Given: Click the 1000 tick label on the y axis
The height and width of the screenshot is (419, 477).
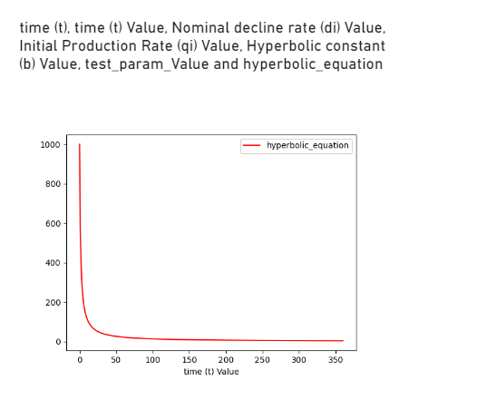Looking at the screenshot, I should (x=51, y=145).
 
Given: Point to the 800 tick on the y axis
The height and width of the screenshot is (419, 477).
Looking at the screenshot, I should (x=54, y=184).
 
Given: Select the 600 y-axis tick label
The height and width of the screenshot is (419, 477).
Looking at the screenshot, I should (x=54, y=224).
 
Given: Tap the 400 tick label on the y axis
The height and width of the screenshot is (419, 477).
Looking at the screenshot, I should (x=54, y=263).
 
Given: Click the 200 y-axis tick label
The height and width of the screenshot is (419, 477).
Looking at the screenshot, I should (x=54, y=303).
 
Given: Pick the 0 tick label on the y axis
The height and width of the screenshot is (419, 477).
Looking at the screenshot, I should (x=58, y=342).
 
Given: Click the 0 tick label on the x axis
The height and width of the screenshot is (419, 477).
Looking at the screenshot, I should (x=80, y=360).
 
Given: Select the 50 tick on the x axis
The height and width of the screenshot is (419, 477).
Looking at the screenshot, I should (x=116, y=360).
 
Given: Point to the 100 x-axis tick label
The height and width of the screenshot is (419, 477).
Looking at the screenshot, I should (x=152, y=360).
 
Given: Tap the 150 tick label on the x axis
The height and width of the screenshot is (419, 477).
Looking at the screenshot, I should (x=190, y=360).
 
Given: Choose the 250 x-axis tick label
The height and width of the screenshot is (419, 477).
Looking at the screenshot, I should (x=263, y=360).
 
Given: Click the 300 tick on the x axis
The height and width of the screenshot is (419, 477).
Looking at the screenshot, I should (x=299, y=360).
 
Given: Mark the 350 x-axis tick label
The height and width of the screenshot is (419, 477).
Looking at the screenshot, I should (x=336, y=360).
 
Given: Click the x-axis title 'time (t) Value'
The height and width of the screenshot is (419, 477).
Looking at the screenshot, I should (x=211, y=372).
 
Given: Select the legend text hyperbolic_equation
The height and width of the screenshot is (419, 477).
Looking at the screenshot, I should (x=307, y=146).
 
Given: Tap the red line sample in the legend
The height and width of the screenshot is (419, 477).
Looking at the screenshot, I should (x=251, y=146).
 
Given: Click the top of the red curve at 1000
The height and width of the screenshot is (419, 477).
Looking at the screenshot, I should (x=80, y=145).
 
